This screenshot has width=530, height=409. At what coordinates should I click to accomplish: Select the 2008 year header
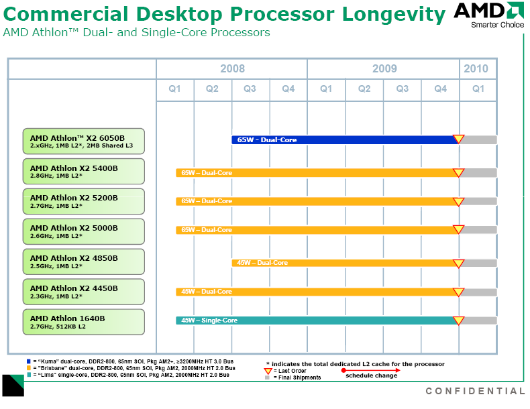coord(232,68)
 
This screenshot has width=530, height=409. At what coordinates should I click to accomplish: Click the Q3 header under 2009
coord(402,89)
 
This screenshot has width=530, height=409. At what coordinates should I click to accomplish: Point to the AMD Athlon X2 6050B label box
coord(84,141)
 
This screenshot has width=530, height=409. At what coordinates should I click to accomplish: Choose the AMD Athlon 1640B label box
coord(84,322)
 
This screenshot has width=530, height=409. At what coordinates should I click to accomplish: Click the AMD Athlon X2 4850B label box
coord(84,261)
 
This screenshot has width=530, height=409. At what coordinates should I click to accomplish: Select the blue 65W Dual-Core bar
coord(342,139)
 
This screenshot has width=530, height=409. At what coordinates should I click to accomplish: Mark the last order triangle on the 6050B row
coord(458,139)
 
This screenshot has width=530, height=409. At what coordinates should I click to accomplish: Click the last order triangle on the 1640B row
coord(458,320)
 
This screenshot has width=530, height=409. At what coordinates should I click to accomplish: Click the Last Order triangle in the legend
coord(268,371)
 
